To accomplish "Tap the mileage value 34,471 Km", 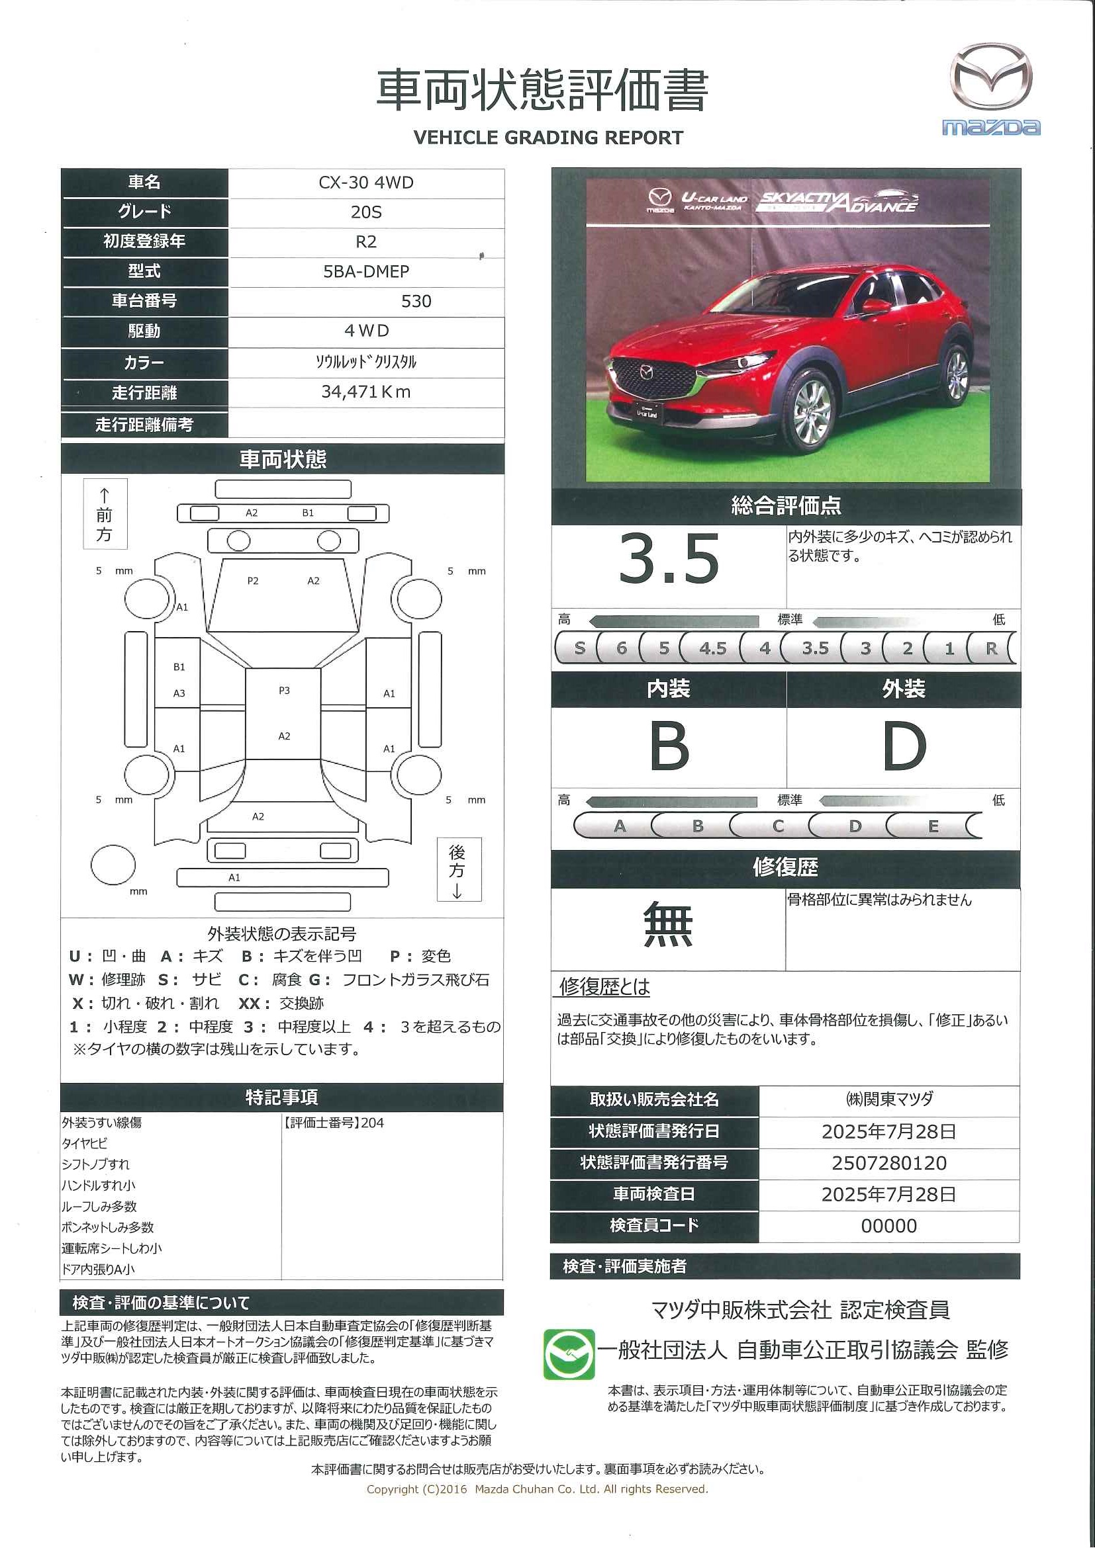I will pyautogui.click(x=365, y=392).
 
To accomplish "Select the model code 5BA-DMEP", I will pyautogui.click(x=365, y=272).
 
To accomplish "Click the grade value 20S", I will pyautogui.click(x=365, y=212).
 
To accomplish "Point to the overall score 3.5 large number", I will pyautogui.click(x=669, y=559).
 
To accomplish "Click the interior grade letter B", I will pyautogui.click(x=669, y=746).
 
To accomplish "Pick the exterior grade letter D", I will pyautogui.click(x=904, y=746).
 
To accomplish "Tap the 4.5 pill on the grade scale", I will pyautogui.click(x=712, y=648).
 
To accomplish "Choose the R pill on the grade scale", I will pyautogui.click(x=990, y=648).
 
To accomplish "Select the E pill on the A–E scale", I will pyautogui.click(x=933, y=826).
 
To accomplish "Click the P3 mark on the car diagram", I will pyautogui.click(x=284, y=691).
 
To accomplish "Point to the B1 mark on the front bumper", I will pyautogui.click(x=308, y=513).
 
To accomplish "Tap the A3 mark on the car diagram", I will pyautogui.click(x=179, y=693).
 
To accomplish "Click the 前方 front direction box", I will pyautogui.click(x=105, y=515).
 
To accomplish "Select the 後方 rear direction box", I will pyautogui.click(x=458, y=870).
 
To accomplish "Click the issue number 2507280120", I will pyautogui.click(x=888, y=1163).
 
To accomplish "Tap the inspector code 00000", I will pyautogui.click(x=888, y=1226).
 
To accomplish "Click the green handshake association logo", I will pyautogui.click(x=569, y=1354).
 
